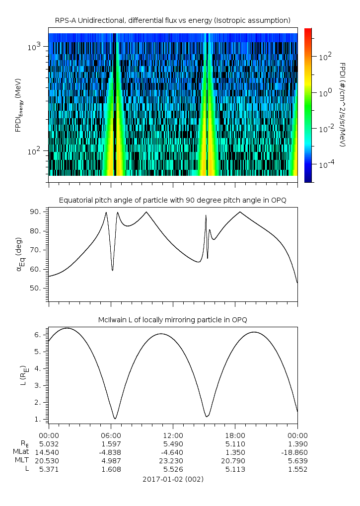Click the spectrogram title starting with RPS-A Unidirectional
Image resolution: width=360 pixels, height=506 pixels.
pos(172,20)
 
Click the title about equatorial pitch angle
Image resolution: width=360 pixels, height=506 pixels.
pos(172,200)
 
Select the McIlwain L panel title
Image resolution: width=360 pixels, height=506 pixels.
pos(172,319)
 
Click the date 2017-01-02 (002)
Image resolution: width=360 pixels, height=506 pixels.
pos(172,479)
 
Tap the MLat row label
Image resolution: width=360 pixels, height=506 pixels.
pos(21,451)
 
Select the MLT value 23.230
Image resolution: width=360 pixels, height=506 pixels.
pos(173,460)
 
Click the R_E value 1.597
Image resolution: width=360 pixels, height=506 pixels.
pos(111,443)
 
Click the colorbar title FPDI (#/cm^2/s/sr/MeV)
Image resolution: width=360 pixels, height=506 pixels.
pos(342,105)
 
